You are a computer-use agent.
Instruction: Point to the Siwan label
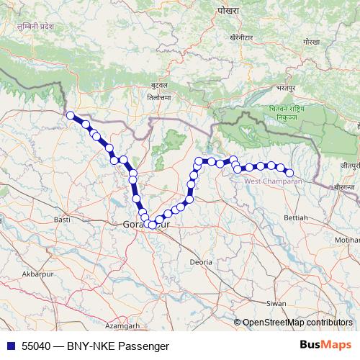click(x=275, y=304)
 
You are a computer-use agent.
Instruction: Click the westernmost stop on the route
click(x=71, y=115)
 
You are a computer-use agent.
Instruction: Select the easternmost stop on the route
click(x=290, y=173)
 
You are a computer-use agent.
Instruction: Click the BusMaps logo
click(x=326, y=345)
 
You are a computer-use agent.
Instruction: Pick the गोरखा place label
click(x=310, y=43)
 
